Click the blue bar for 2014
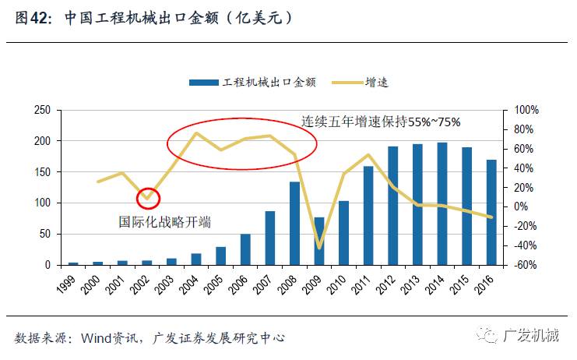pyautogui.click(x=442, y=204)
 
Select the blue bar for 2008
pyautogui.click(x=295, y=224)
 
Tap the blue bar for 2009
pyautogui.click(x=319, y=242)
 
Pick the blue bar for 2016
pyautogui.click(x=491, y=213)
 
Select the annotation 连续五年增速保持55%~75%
pyautogui.click(x=382, y=122)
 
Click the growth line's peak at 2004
pyautogui.click(x=195, y=133)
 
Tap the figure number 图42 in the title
pyautogui.click(x=31, y=17)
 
